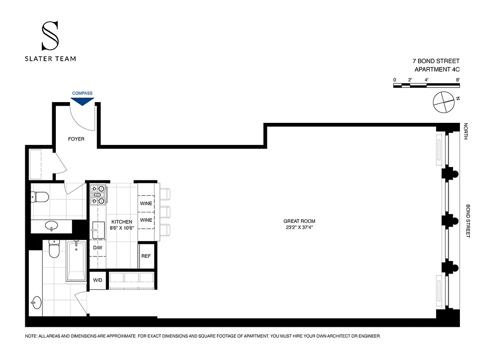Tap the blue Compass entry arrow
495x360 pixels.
tap(82, 101)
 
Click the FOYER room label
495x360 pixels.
tap(76, 139)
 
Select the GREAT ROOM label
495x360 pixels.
tap(299, 221)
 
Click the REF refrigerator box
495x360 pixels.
tap(146, 256)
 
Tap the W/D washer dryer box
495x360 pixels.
tap(98, 280)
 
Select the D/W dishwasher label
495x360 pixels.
tap(98, 248)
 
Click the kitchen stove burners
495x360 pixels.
tap(98, 194)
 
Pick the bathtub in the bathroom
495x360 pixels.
tap(76, 261)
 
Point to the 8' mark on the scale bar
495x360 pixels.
tap(458, 80)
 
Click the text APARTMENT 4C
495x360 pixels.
tap(437, 69)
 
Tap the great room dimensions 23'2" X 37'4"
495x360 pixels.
tap(299, 228)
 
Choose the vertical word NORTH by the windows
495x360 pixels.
tap(466, 131)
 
